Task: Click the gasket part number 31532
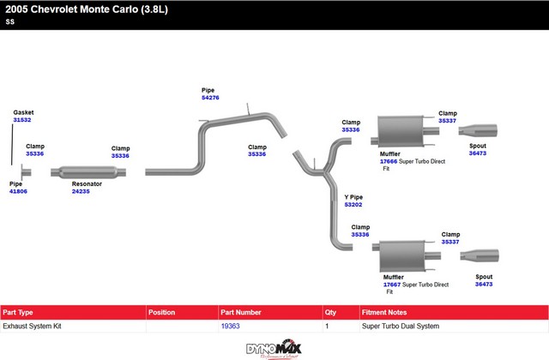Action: point(22,121)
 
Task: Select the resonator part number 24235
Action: point(81,191)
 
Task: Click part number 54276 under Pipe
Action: point(210,98)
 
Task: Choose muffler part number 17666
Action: point(389,161)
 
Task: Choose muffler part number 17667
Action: point(392,285)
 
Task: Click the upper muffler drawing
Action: point(403,135)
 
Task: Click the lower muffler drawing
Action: point(407,254)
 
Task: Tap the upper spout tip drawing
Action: point(478,130)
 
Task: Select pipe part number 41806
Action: point(18,191)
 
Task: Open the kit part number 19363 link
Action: point(230,327)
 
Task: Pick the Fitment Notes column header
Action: point(388,311)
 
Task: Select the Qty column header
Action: point(331,311)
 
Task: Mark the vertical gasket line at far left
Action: point(12,148)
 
